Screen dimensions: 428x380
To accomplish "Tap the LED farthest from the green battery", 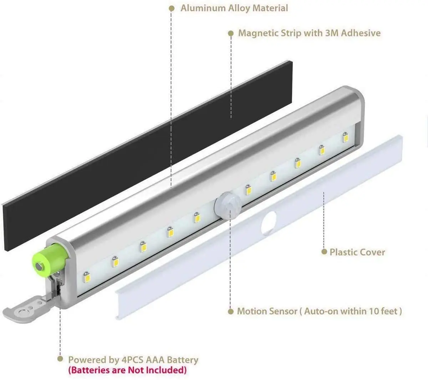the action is point(345,137).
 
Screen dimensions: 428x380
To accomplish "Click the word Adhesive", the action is point(361,33).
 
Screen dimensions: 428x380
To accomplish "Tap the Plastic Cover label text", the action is point(357,252).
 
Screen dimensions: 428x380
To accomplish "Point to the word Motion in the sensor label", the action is point(251,311).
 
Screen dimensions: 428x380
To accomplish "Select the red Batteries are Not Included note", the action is point(127,370).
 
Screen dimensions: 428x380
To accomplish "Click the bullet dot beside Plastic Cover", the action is point(324,252).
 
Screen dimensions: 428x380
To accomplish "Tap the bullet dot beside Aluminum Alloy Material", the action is point(172,8).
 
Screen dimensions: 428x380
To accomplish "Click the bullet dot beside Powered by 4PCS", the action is point(60,359).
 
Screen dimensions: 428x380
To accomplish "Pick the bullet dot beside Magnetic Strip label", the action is point(231,33).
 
